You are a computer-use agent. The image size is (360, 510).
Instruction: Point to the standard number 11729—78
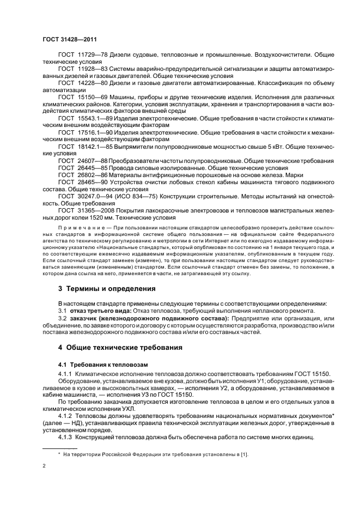[89, 55]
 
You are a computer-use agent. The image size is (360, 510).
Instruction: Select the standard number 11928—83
[89, 69]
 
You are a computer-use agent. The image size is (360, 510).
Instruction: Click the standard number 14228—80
[89, 83]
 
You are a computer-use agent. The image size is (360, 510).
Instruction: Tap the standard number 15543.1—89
[92, 118]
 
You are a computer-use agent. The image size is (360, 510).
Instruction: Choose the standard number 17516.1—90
[92, 132]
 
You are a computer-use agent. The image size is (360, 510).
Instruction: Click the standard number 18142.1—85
[92, 147]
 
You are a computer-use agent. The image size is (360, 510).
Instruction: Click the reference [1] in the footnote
[245, 454]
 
